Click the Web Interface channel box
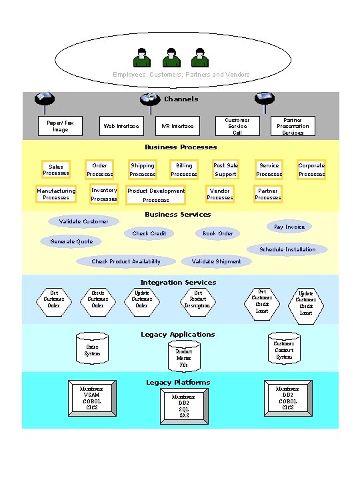[121, 125]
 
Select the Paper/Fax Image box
[60, 125]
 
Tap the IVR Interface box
[177, 125]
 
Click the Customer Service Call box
[237, 125]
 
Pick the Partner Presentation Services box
[293, 125]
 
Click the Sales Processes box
[56, 170]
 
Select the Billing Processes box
[184, 170]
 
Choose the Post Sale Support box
[225, 170]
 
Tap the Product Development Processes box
[156, 195]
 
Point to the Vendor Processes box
[220, 194]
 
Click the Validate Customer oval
[84, 221]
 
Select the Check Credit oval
[149, 233]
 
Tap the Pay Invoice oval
[289, 227]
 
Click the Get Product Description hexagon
[198, 299]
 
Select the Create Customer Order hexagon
[97, 299]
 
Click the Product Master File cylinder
[184, 356]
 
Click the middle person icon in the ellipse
[171, 58]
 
